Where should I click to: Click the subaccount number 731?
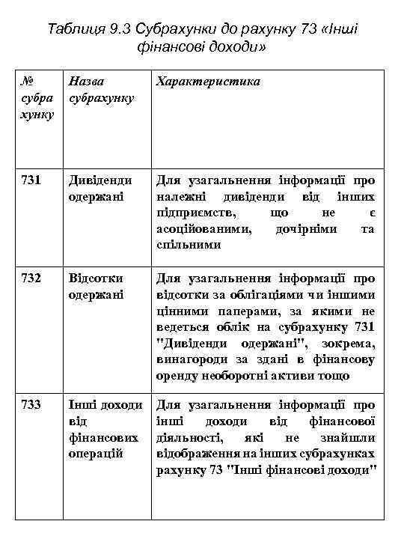[31, 180]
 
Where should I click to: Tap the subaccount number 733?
[31, 405]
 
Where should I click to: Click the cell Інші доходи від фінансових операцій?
[105, 429]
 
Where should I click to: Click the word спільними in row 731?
[189, 244]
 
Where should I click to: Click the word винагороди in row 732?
[192, 360]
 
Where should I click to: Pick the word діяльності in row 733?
[189, 437]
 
